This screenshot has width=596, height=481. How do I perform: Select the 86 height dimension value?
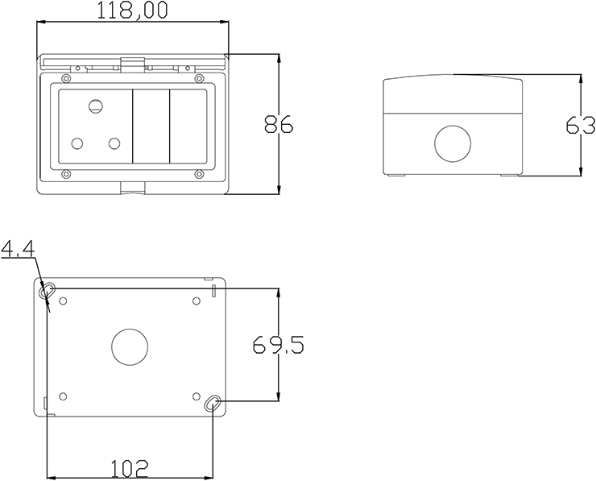278,124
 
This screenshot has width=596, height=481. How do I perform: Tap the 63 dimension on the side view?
580,125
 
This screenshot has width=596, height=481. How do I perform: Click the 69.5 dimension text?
278,346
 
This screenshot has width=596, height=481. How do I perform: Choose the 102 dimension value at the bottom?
129,467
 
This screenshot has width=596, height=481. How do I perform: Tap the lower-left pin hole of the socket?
77,144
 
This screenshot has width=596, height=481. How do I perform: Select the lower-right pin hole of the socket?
114,144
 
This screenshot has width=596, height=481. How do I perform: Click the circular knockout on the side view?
453,143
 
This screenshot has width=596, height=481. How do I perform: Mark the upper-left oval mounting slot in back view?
49,290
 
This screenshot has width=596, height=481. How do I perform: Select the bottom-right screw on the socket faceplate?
198,173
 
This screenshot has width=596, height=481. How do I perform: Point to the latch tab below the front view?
132,188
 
